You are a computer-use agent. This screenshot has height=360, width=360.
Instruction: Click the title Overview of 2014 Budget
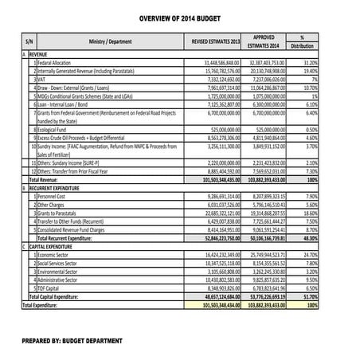(179, 18)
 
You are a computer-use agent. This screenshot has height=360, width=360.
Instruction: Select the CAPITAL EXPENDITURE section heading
(54, 246)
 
